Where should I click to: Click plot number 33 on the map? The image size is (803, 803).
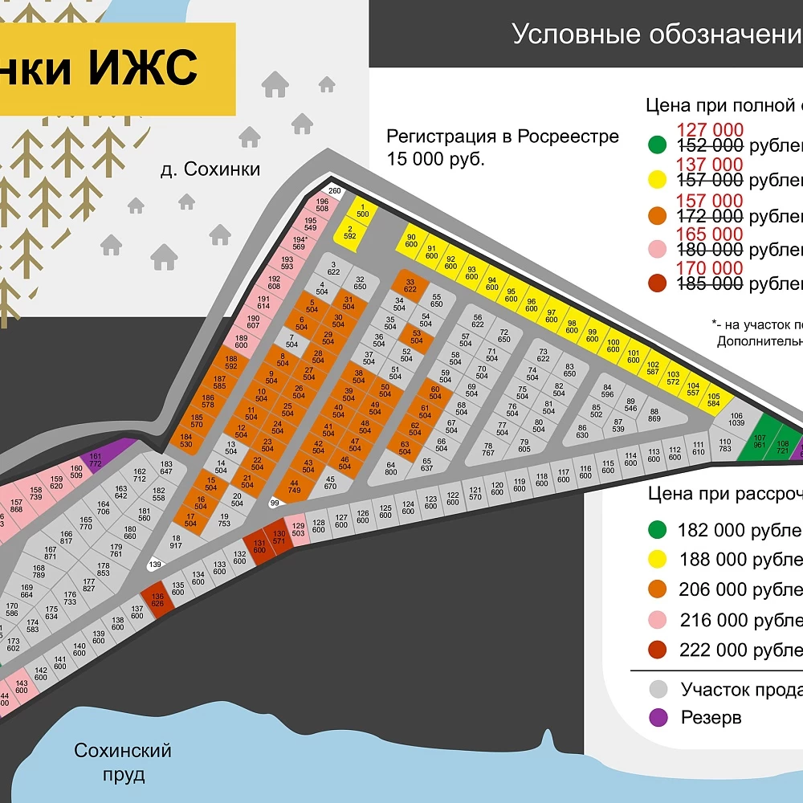(410, 285)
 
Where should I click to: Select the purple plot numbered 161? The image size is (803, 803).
(96, 459)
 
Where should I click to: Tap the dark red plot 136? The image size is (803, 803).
(157, 600)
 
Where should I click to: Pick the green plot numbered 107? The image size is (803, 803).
(760, 440)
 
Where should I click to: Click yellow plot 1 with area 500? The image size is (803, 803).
(362, 210)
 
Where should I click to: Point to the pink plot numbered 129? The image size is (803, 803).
(298, 528)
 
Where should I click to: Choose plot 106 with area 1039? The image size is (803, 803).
(736, 419)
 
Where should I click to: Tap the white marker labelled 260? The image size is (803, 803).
(335, 190)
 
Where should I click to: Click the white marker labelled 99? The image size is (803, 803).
(275, 503)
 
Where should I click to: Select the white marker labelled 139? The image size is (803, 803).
(155, 565)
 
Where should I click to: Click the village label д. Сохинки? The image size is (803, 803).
(210, 169)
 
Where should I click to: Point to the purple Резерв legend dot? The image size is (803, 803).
(658, 717)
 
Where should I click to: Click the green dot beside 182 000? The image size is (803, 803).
(658, 530)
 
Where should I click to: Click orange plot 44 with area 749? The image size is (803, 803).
(294, 486)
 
